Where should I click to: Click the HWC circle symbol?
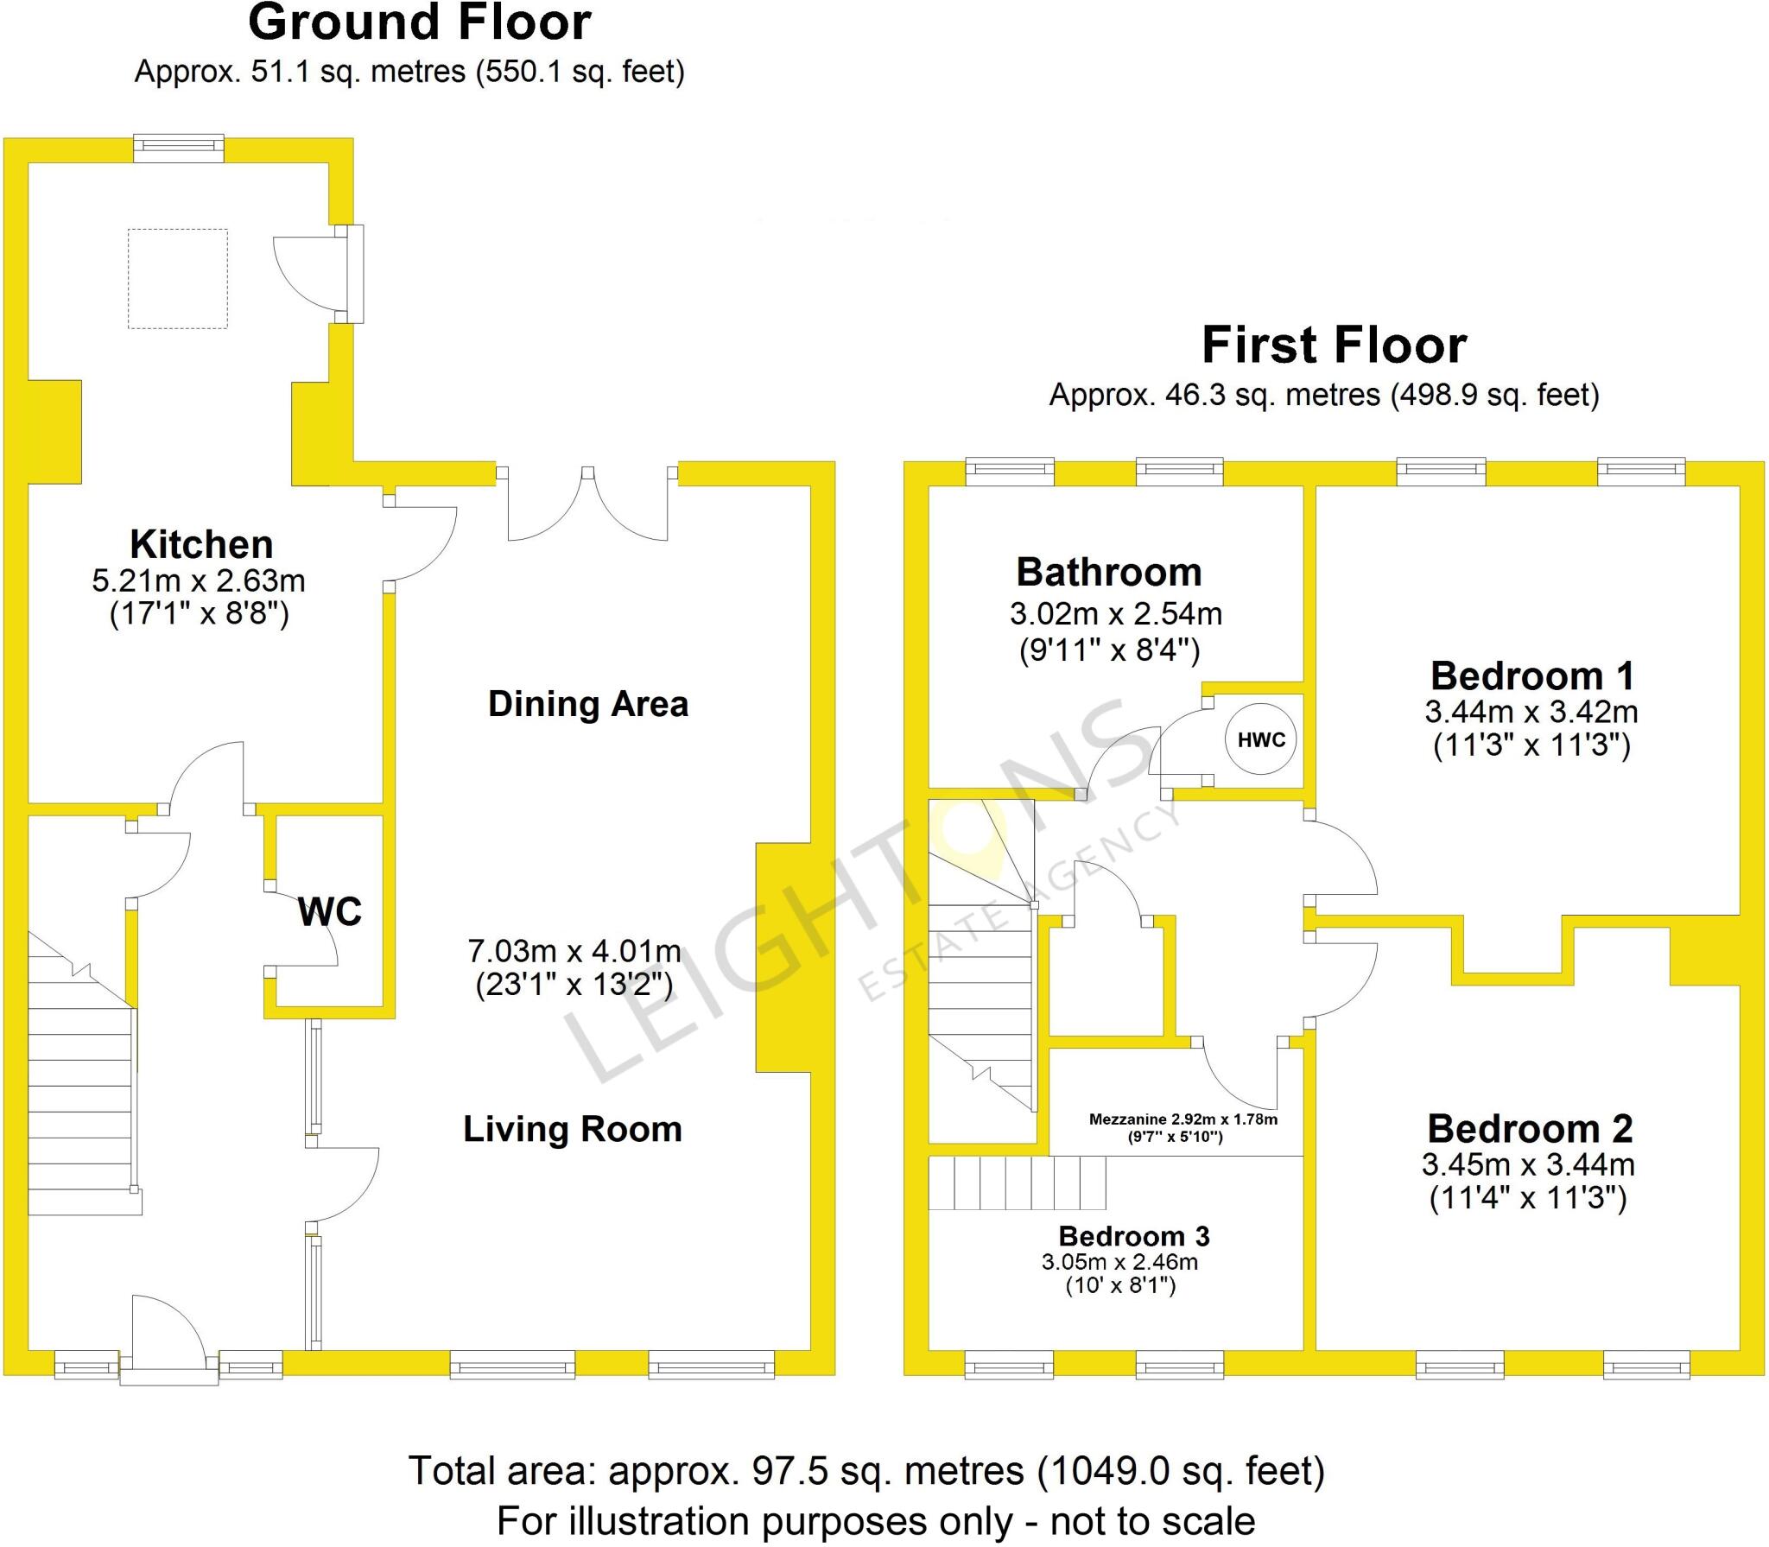click(x=1261, y=739)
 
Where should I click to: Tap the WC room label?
click(x=329, y=911)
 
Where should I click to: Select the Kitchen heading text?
click(x=201, y=545)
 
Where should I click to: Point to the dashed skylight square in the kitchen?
click(x=178, y=278)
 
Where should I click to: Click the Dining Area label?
click(x=588, y=704)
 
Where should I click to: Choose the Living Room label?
click(x=573, y=1129)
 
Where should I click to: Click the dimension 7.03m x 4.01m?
click(x=574, y=951)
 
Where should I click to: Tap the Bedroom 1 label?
click(x=1531, y=675)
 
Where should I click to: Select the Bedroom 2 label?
click(x=1530, y=1128)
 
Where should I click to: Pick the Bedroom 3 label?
click(x=1133, y=1236)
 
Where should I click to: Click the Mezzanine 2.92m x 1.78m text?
click(x=1183, y=1119)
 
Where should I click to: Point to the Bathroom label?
click(x=1109, y=572)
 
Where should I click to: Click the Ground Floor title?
click(x=420, y=23)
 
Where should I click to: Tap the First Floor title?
click(x=1334, y=346)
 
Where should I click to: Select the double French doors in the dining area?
click(x=587, y=505)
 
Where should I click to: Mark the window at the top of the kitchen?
click(x=179, y=148)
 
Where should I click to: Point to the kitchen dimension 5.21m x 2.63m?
click(x=199, y=580)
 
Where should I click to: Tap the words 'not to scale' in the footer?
click(x=1152, y=1520)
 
